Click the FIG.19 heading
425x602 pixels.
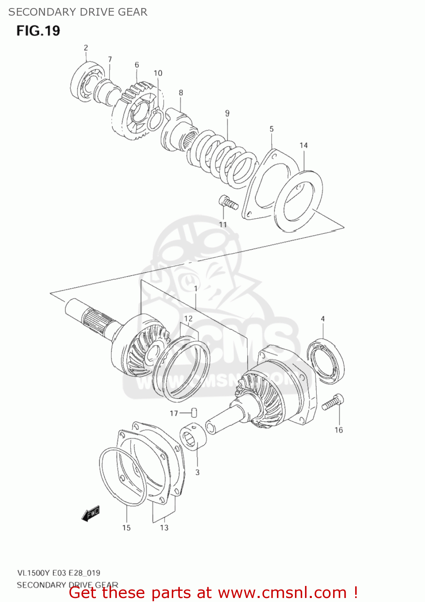tap(38, 31)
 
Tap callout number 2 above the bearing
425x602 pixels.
tap(86, 48)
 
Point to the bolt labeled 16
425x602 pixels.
tap(333, 403)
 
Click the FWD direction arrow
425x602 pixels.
tap(90, 513)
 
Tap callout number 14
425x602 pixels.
tap(303, 145)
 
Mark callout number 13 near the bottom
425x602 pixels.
tap(164, 527)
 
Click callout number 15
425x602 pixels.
tap(126, 528)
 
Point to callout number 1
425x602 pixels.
tap(195, 289)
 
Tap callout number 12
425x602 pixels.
tap(188, 319)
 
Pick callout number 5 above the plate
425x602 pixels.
tap(272, 129)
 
